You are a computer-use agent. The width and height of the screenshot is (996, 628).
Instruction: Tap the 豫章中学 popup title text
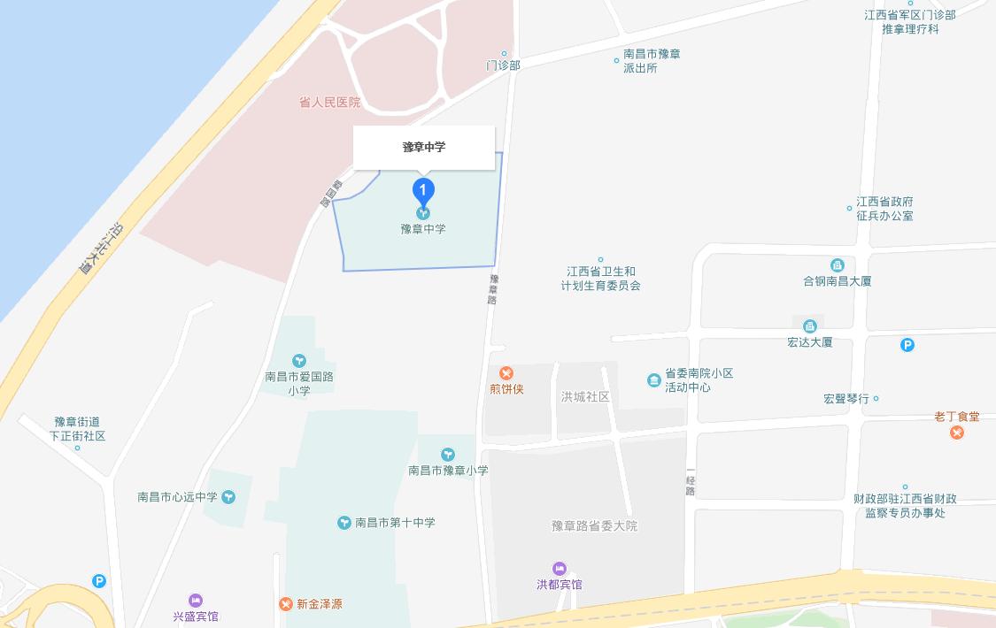pos(424,147)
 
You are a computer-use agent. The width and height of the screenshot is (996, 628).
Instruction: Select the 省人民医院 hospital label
pos(329,103)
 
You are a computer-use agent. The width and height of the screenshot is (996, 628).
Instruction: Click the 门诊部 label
pos(503,65)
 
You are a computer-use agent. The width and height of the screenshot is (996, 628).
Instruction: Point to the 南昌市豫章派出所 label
pos(651,61)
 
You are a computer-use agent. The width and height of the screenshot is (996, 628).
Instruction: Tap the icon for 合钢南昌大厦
pos(837,265)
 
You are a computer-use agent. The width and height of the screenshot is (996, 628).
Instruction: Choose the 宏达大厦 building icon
pos(809,326)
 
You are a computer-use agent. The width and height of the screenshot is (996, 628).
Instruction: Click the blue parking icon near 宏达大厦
pos(907,345)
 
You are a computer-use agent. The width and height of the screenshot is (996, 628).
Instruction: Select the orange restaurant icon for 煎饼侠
pos(506,373)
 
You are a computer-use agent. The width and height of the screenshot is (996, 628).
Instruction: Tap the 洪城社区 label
pos(585,397)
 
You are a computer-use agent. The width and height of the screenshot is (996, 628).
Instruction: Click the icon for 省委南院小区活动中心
pos(653,380)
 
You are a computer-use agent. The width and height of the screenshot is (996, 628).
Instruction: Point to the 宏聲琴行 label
pos(846,399)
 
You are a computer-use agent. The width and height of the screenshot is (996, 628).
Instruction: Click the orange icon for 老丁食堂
pos(957,433)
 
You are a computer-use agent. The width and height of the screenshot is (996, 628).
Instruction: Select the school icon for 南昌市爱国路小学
pos(299,360)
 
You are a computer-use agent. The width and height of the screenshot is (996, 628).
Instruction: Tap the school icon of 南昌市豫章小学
pos(448,455)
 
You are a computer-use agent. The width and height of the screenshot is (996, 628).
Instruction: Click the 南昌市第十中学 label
pos(395,523)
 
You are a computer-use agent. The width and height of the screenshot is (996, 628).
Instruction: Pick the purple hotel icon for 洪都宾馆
pos(560,569)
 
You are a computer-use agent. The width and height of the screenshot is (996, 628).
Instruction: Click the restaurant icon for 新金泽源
pos(285,604)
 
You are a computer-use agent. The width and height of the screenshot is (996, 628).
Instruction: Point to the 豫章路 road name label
pos(493,288)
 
